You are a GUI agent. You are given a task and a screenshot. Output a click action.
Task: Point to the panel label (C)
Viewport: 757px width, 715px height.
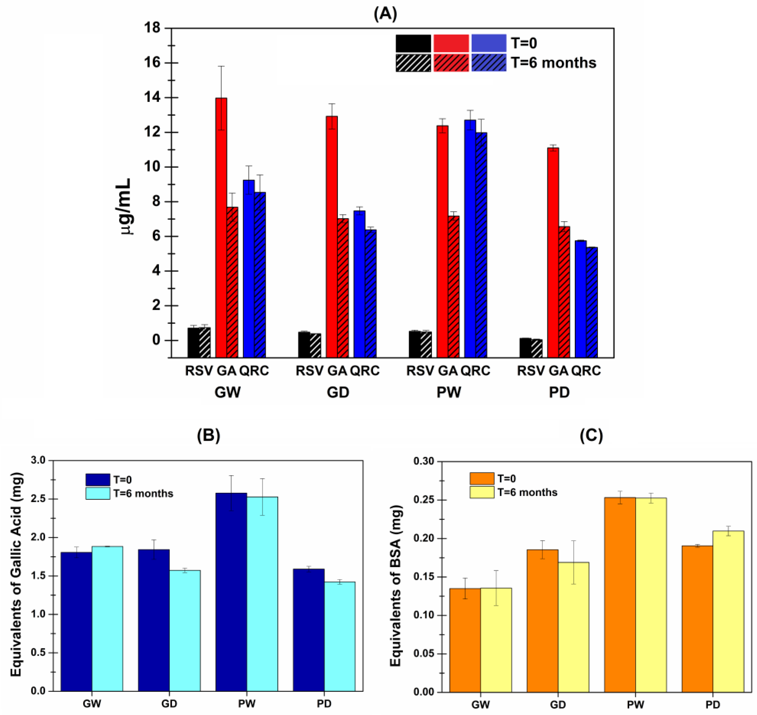point(591,435)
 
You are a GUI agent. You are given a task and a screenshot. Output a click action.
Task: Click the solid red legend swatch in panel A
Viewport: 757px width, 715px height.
point(451,43)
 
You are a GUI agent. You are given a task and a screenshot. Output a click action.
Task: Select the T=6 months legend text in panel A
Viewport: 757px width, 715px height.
point(553,62)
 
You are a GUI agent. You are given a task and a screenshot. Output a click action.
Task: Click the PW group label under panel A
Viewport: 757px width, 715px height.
point(448,392)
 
